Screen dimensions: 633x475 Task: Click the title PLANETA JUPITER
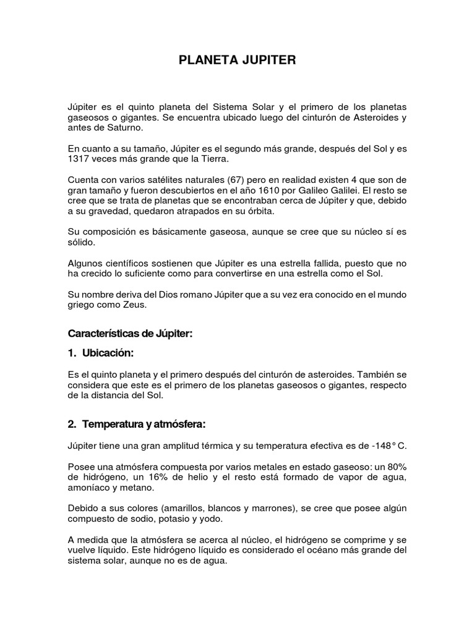[x=237, y=61]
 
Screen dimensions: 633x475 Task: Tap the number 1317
[x=79, y=159]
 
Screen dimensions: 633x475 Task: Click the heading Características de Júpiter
[x=130, y=334]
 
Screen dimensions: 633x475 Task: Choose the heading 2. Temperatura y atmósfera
[x=136, y=425]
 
